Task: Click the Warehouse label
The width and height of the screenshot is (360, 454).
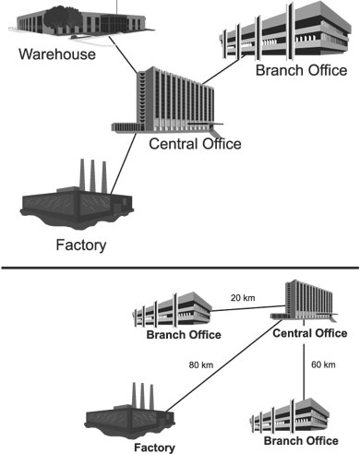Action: click(57, 54)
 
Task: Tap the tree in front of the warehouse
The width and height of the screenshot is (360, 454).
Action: click(62, 18)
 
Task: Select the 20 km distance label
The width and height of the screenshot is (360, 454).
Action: click(243, 297)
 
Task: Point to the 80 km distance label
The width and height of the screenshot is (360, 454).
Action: click(201, 364)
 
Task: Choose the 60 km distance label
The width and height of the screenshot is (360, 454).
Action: click(323, 364)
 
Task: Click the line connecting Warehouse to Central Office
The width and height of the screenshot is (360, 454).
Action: click(123, 55)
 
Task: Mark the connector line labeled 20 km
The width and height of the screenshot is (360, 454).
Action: click(248, 308)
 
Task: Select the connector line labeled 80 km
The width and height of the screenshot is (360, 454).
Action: click(224, 365)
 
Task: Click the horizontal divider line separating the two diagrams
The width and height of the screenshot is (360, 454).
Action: click(180, 268)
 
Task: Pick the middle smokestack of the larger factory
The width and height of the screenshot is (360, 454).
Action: click(92, 175)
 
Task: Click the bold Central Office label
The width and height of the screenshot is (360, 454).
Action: click(310, 333)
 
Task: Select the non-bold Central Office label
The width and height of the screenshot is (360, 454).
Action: click(195, 144)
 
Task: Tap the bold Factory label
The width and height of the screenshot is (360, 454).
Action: click(154, 448)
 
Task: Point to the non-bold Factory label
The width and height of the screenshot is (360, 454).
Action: click(81, 245)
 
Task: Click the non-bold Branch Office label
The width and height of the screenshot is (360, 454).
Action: click(301, 70)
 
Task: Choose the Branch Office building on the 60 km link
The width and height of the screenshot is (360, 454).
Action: click(291, 416)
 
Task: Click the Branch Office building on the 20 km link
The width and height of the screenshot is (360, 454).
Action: click(173, 310)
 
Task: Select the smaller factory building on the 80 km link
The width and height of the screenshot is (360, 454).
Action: click(130, 412)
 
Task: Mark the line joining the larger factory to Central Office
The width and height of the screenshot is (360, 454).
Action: click(123, 163)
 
